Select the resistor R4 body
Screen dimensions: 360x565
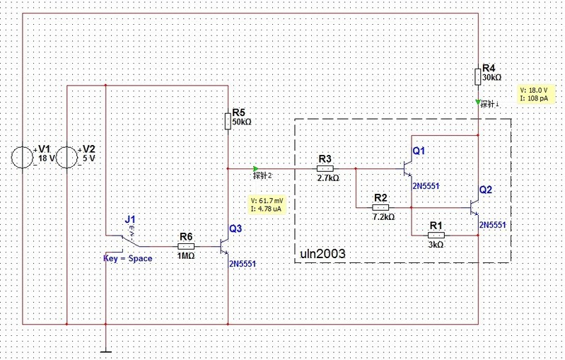point(479,76)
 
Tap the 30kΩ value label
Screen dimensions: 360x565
point(491,77)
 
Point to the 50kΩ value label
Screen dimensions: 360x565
point(241,122)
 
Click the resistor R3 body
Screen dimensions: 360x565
point(325,169)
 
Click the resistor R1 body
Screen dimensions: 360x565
point(436,234)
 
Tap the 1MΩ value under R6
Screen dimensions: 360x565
point(187,255)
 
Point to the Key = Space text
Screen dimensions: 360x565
point(127,259)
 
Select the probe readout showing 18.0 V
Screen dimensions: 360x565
point(535,95)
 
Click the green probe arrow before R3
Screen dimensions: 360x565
point(254,168)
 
